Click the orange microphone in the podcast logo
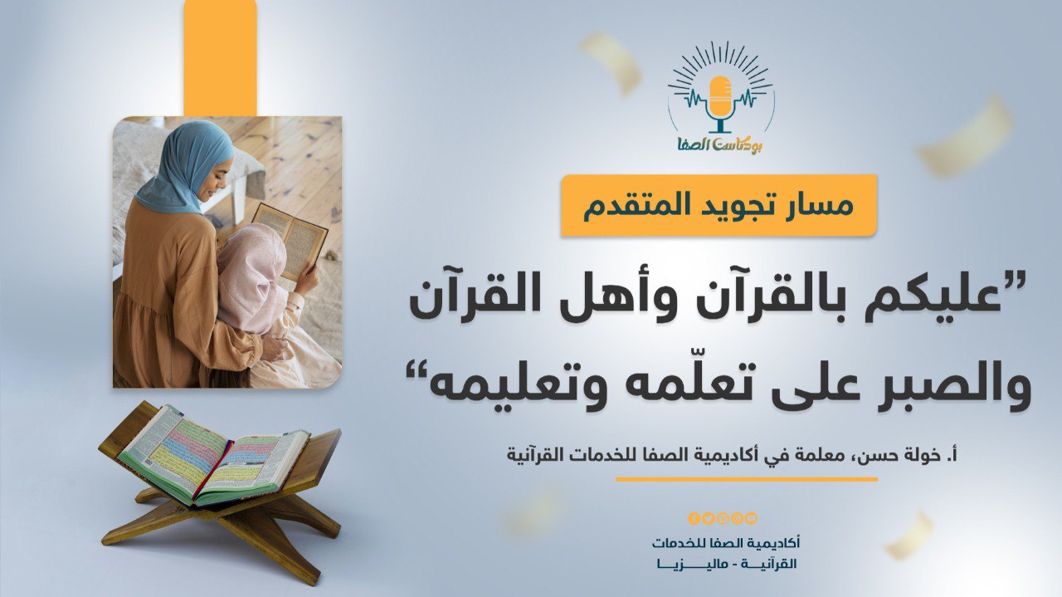click(x=720, y=102)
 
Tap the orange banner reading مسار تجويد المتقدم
click(x=719, y=205)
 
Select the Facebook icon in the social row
click(x=694, y=518)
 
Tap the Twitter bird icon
click(x=709, y=518)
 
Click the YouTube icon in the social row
click(x=751, y=518)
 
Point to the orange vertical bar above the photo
click(x=221, y=57)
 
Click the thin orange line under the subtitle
click(x=747, y=479)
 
